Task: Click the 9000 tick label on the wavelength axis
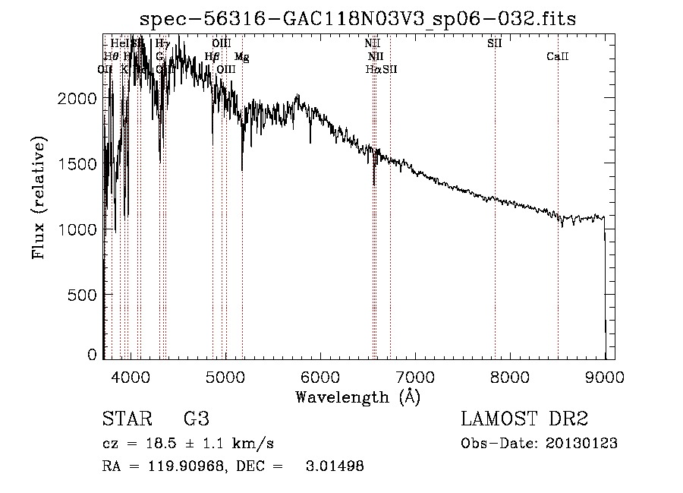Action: [x=605, y=376]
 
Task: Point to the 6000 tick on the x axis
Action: [x=320, y=376]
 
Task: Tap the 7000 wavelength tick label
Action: [x=415, y=376]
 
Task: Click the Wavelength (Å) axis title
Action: [x=357, y=397]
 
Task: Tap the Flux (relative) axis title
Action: [x=39, y=198]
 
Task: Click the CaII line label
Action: [x=558, y=57]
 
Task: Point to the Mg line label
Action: [x=241, y=57]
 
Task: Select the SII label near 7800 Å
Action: [x=494, y=44]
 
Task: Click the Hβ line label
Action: [x=212, y=57]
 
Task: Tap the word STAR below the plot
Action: [x=125, y=419]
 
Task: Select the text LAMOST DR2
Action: [x=524, y=419]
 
